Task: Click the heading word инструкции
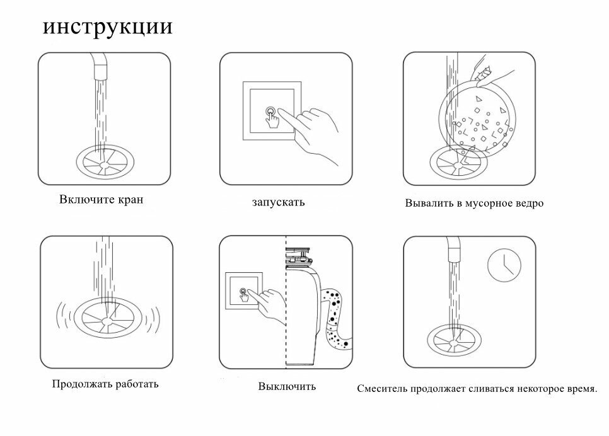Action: [108, 28]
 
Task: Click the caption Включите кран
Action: [101, 200]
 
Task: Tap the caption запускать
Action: [278, 203]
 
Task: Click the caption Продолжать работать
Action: [105, 383]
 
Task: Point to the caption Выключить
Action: [287, 386]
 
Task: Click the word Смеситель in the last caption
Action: [382, 389]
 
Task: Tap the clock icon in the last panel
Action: [504, 264]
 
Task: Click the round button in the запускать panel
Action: [272, 112]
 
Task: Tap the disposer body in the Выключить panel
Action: [302, 315]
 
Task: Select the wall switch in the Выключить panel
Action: [243, 292]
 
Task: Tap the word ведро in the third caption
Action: [528, 204]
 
